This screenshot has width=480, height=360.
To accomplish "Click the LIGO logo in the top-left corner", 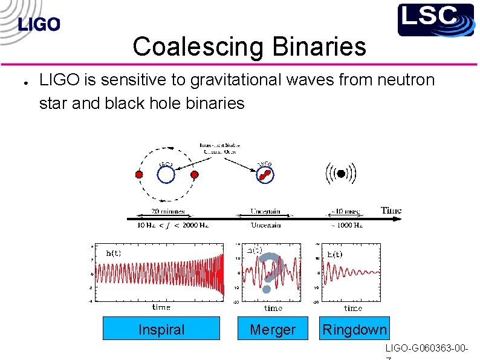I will [39, 25].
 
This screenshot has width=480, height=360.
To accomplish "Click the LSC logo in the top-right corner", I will [435, 20].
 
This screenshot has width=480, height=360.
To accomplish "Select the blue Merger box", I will [273, 329].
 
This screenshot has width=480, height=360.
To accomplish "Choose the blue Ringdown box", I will [354, 329].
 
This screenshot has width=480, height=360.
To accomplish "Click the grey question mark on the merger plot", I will [270, 272].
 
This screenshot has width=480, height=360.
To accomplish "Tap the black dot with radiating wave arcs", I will [341, 174].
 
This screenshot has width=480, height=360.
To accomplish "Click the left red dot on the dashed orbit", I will [138, 174].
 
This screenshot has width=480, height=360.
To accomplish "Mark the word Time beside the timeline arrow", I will [391, 211].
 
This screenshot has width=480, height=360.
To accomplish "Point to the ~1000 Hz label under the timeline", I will [347, 225].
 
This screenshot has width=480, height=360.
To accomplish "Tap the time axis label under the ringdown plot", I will [352, 308].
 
